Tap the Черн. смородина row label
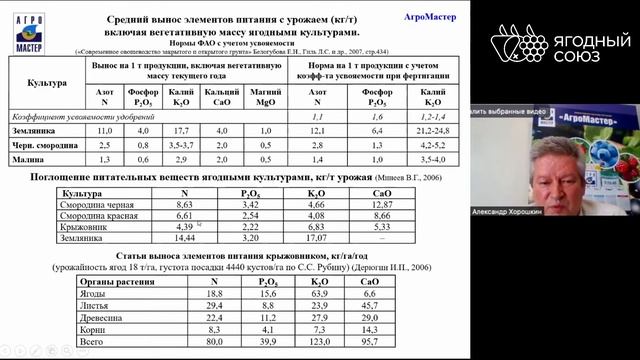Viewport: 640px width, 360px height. tap(46, 144)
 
